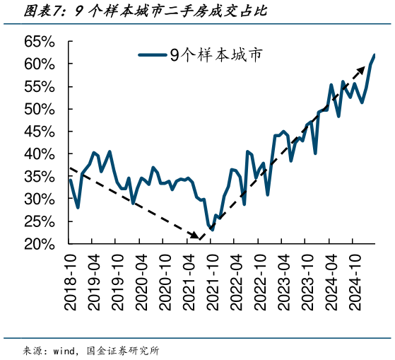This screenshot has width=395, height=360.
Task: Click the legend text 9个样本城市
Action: click(216, 55)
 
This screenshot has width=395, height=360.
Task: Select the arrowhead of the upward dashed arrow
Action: click(353, 79)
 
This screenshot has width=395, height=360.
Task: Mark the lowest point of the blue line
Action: click(211, 230)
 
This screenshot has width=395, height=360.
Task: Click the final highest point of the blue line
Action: click(374, 55)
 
